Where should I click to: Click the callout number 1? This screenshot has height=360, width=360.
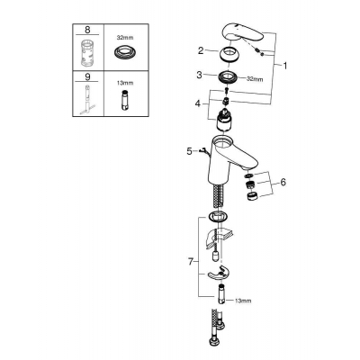click(284, 66)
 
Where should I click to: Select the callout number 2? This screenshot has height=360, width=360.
click(201, 50)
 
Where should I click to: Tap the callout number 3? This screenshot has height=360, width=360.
click(200, 75)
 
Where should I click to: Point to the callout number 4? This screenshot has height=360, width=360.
click(197, 103)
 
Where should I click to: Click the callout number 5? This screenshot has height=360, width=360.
click(189, 151)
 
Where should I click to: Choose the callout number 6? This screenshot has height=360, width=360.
click(283, 182)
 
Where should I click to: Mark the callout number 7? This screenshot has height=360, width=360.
click(190, 262)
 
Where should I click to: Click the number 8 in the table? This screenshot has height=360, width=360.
click(87, 30)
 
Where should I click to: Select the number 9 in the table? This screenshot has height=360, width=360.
click(87, 76)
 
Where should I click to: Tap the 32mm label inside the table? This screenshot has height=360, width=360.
click(125, 38)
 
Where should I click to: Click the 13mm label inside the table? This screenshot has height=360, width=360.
click(125, 83)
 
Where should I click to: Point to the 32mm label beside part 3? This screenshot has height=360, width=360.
click(255, 79)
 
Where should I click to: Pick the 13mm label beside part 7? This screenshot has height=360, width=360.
click(243, 301)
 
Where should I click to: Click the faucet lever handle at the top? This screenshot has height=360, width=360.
click(242, 33)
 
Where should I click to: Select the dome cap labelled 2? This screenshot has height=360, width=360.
click(230, 55)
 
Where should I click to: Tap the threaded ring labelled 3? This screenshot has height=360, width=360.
click(229, 76)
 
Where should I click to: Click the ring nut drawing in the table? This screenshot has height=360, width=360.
click(125, 53)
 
